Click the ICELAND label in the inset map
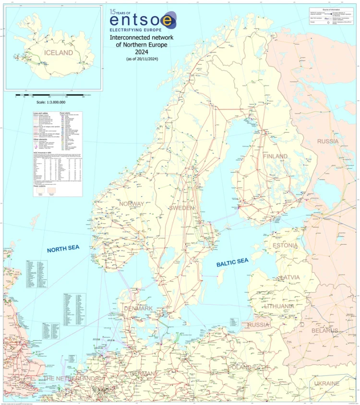(59, 53)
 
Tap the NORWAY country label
(132, 203)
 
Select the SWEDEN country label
(181, 208)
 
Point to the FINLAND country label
(275, 156)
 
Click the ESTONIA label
(285, 245)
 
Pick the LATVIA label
(288, 277)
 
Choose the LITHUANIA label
(279, 306)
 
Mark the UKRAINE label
(327, 383)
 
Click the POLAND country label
(240, 367)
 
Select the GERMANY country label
(144, 373)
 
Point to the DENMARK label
(138, 308)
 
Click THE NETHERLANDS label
(71, 378)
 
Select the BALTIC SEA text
(232, 262)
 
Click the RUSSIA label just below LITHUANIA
(259, 325)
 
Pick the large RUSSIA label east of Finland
(327, 141)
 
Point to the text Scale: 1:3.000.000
(51, 102)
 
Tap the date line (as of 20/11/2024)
(143, 58)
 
